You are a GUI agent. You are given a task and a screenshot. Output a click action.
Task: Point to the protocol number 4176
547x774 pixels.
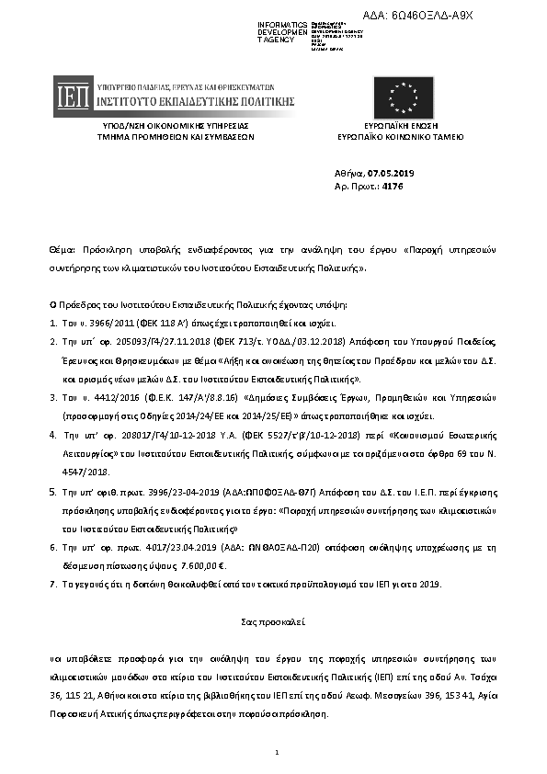(x=392, y=187)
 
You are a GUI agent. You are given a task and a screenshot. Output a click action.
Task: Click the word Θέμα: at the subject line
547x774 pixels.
(x=63, y=250)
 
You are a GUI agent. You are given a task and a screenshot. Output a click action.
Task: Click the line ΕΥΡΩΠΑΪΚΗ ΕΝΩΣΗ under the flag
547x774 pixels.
(x=400, y=125)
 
